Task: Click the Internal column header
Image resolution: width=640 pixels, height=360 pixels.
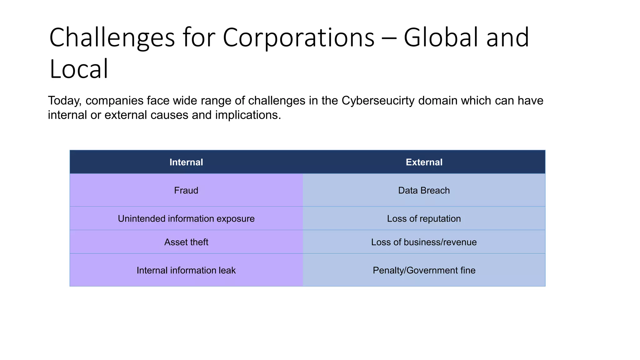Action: click(186, 162)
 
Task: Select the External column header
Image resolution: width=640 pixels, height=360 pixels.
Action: click(424, 162)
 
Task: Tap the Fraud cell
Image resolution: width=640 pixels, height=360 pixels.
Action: click(186, 190)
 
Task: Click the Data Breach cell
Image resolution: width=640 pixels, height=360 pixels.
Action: click(424, 190)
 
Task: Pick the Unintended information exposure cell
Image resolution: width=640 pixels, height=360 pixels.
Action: click(186, 218)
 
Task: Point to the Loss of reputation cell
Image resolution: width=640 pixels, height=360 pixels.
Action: click(424, 218)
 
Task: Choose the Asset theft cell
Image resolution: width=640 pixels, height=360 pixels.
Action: click(186, 242)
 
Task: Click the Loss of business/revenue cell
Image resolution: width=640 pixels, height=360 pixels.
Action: click(424, 242)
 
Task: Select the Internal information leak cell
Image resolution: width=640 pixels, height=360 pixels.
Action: click(186, 270)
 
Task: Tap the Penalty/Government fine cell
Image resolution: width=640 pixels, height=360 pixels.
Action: click(424, 270)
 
